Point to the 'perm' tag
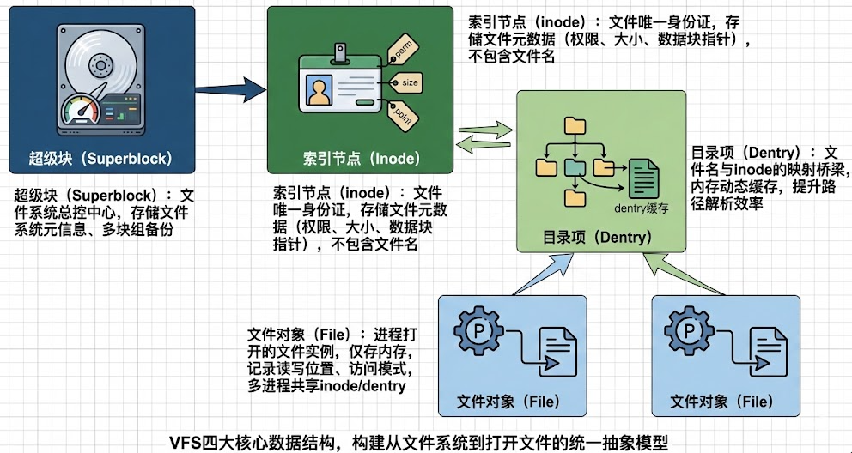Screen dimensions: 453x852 click(x=401, y=50)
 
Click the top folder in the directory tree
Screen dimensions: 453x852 click(x=573, y=126)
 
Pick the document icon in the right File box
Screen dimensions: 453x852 click(x=766, y=355)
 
